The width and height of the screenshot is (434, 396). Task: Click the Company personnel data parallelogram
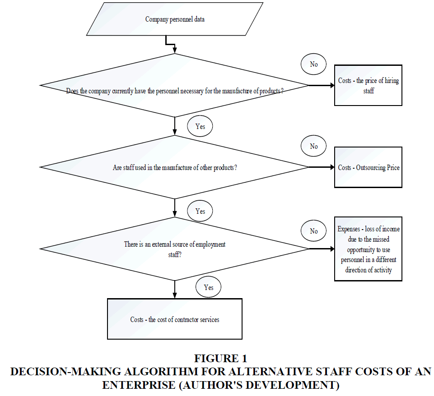click(x=175, y=19)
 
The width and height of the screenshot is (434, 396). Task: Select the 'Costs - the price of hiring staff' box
click(x=368, y=85)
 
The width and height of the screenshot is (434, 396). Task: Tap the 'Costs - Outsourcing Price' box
click(x=368, y=167)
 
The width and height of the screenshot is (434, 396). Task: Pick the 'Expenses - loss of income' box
click(x=368, y=249)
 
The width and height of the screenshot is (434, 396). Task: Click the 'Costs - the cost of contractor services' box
click(x=175, y=319)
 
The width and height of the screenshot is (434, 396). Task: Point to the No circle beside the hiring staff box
click(x=313, y=64)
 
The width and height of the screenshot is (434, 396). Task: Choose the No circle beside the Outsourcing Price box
click(x=313, y=146)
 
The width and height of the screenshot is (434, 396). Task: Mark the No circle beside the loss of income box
click(x=313, y=231)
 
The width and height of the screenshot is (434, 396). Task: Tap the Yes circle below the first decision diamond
click(x=200, y=126)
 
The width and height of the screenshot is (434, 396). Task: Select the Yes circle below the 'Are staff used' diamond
click(x=200, y=211)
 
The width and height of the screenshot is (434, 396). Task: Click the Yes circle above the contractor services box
click(x=209, y=287)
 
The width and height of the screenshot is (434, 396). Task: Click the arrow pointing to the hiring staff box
click(x=322, y=85)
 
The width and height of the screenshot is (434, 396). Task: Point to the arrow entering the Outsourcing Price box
click(x=322, y=167)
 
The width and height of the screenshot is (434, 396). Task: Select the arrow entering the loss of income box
click(x=322, y=249)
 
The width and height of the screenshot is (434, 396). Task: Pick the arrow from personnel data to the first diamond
click(x=170, y=44)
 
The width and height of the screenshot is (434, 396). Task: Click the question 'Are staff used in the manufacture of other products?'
click(x=175, y=167)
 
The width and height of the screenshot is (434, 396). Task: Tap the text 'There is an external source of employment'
click(x=175, y=244)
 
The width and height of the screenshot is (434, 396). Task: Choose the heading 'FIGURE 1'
click(x=220, y=359)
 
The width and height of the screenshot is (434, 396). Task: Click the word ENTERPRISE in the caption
click(x=139, y=385)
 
